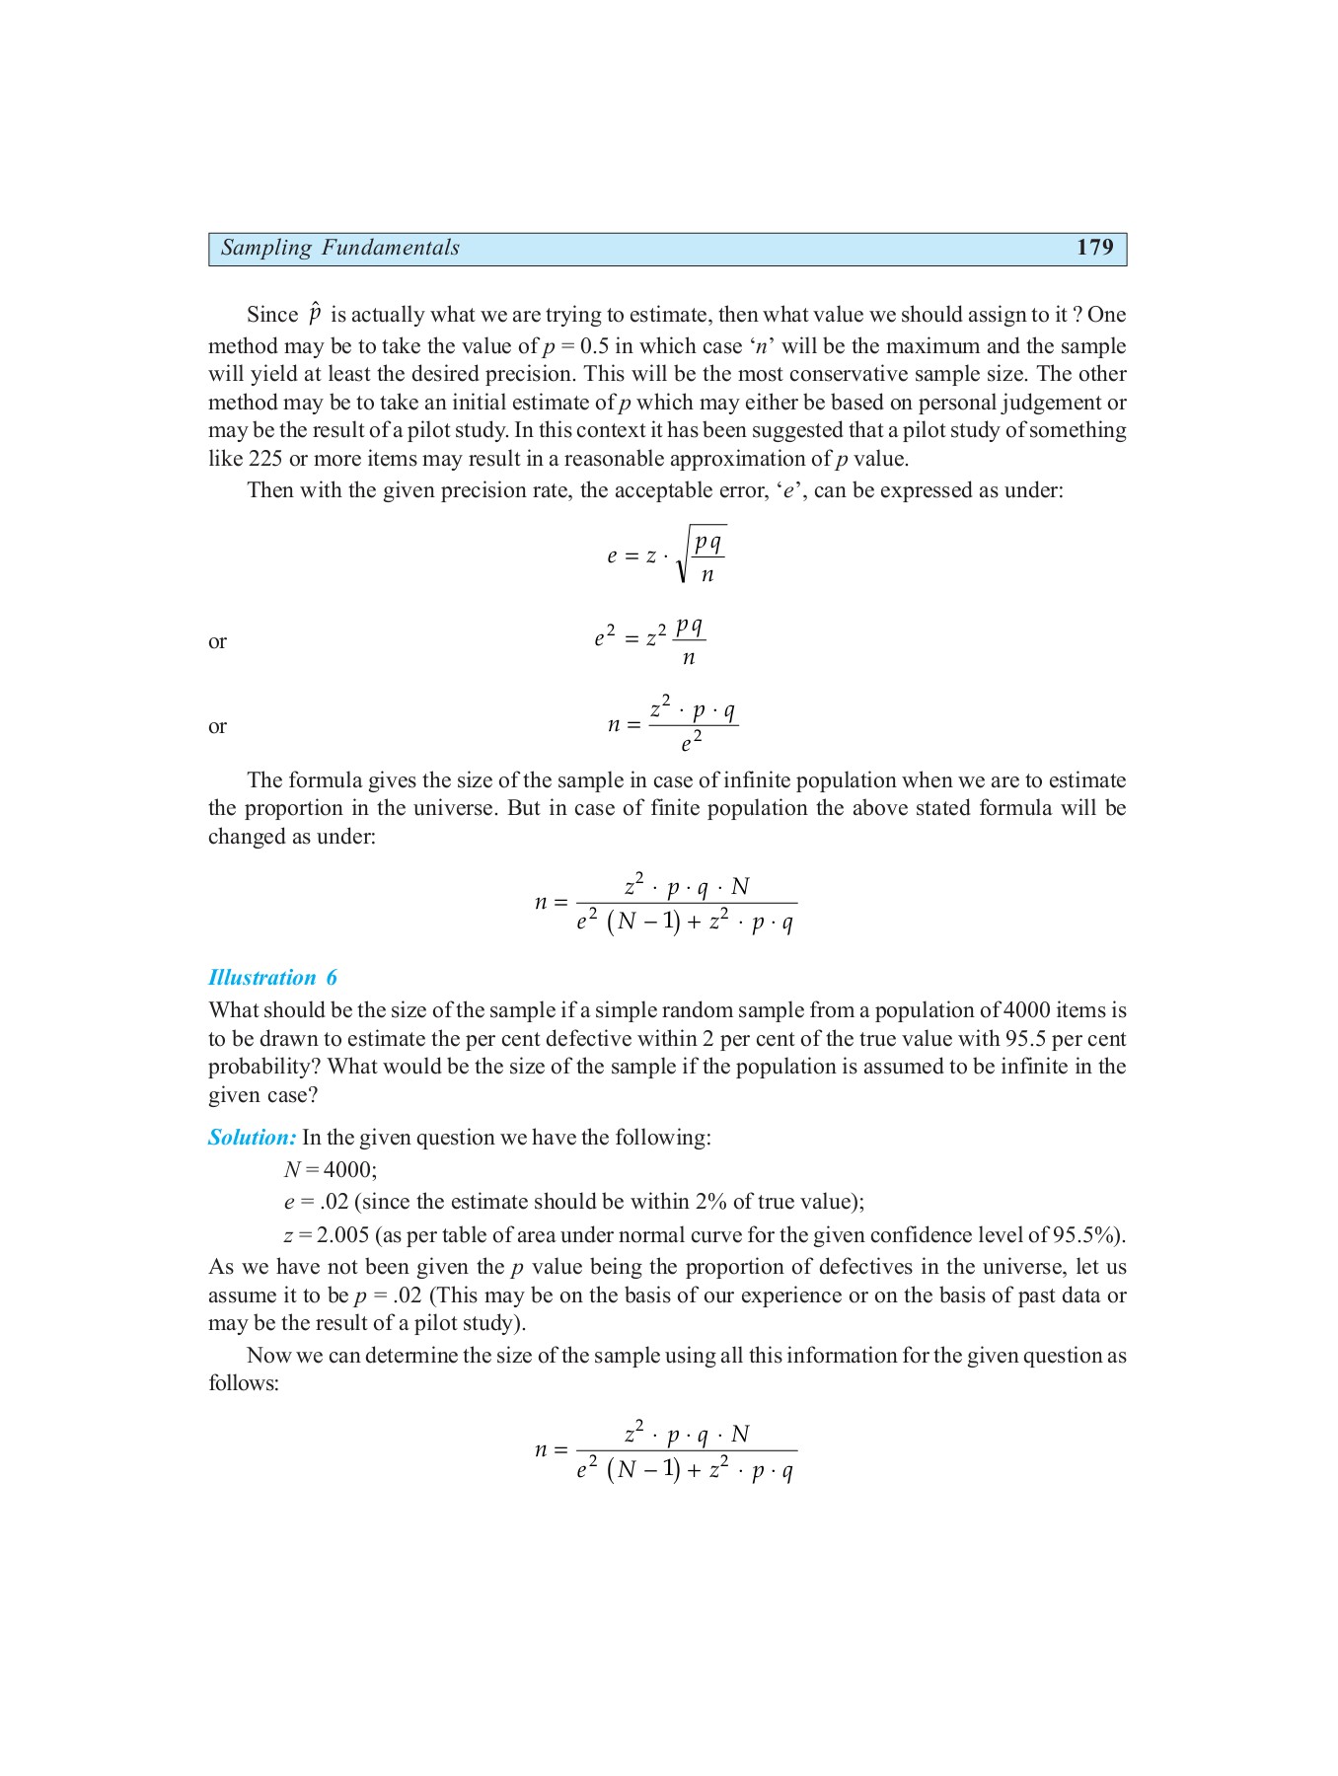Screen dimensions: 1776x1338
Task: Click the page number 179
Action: (x=1094, y=248)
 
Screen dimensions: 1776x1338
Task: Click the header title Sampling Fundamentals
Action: (x=339, y=248)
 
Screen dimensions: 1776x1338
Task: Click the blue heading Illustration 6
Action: (x=272, y=978)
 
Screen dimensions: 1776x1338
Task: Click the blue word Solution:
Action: (x=252, y=1138)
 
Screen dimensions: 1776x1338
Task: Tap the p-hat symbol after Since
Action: (x=315, y=313)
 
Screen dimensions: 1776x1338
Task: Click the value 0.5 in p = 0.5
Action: (x=594, y=346)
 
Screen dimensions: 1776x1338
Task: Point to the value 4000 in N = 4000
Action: (x=349, y=1170)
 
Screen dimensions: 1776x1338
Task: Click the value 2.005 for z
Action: (x=342, y=1235)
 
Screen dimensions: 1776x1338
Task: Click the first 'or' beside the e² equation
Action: (x=217, y=642)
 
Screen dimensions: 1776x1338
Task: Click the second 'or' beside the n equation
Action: (x=217, y=727)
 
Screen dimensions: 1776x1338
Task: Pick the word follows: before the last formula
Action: (x=244, y=1383)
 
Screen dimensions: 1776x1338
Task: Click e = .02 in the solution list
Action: (x=316, y=1202)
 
